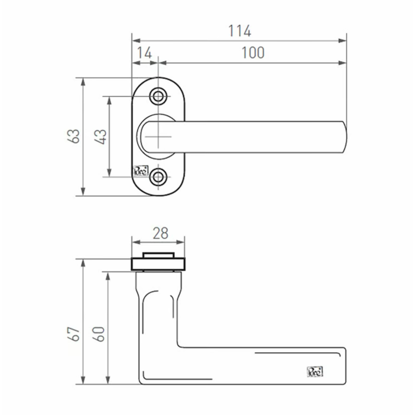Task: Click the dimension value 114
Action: click(239, 31)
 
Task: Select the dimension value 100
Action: click(253, 53)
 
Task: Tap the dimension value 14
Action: click(144, 53)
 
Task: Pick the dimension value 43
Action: click(101, 136)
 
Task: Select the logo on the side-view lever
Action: click(315, 372)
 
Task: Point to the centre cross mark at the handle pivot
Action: click(159, 136)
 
